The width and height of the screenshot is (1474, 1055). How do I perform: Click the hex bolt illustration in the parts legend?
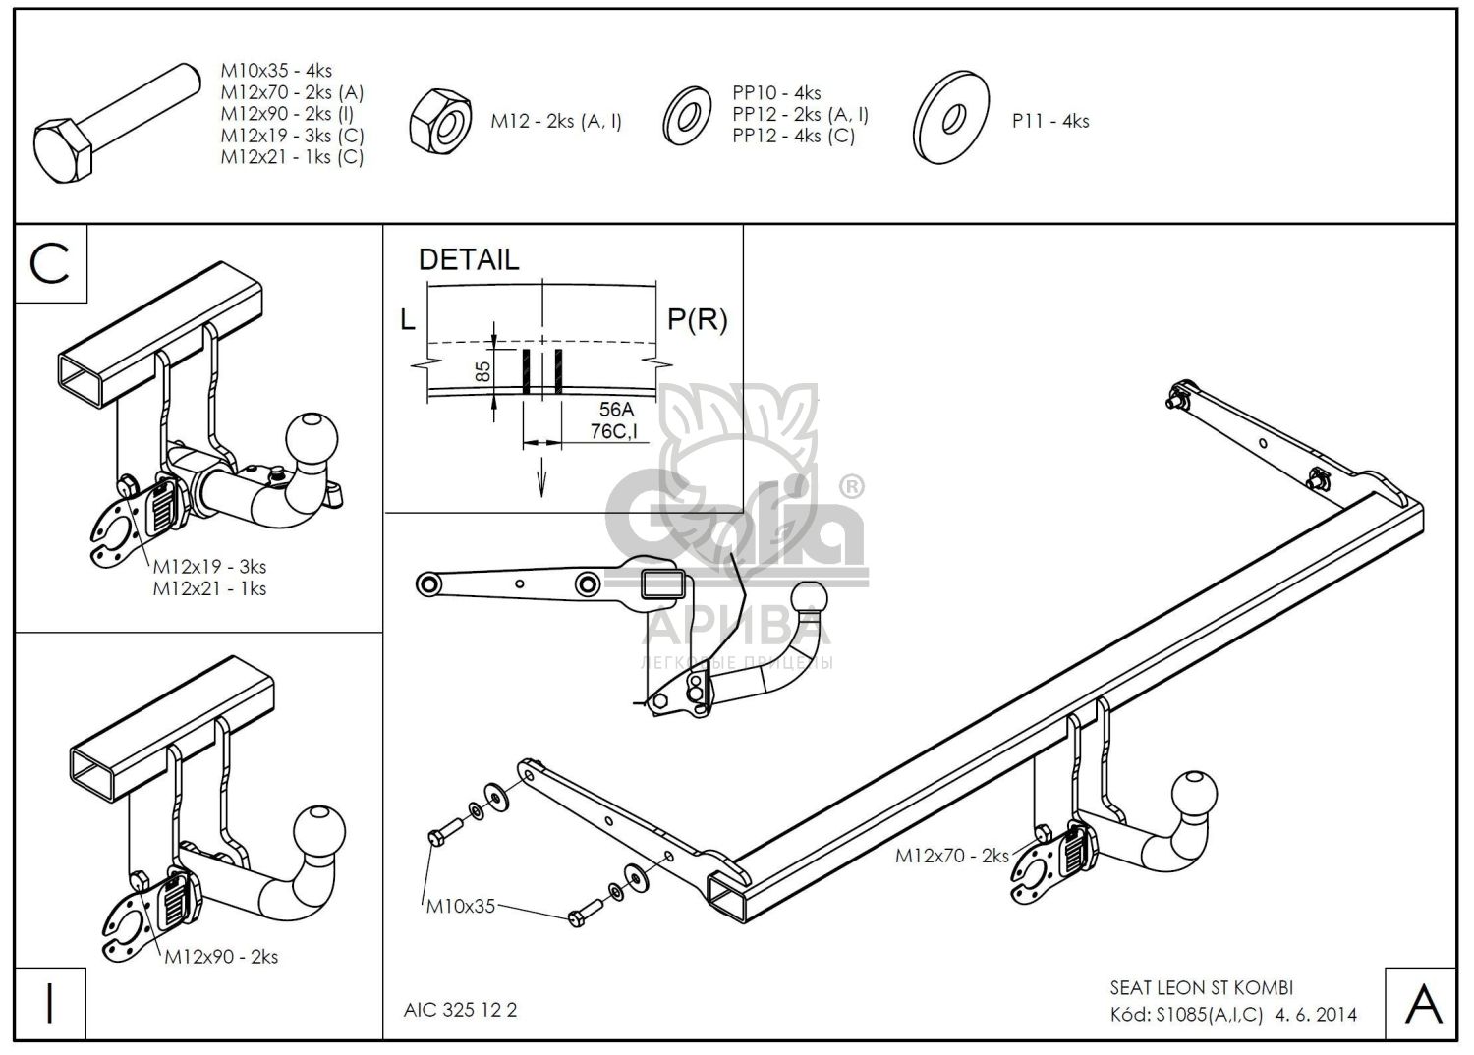(x=117, y=123)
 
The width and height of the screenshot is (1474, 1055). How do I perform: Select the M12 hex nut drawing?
(x=440, y=121)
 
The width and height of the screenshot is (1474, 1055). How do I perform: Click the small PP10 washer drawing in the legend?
(x=686, y=116)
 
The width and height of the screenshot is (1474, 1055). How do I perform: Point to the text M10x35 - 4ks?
(x=276, y=71)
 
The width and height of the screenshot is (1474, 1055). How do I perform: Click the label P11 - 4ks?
(x=1050, y=121)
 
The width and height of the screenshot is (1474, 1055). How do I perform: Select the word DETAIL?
(x=469, y=259)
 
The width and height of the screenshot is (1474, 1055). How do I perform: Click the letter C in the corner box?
(x=49, y=263)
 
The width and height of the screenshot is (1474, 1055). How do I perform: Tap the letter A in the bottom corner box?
(x=1423, y=1004)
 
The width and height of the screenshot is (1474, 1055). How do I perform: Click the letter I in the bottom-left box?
(x=49, y=1003)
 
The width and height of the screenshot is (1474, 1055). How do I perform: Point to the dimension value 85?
(x=482, y=371)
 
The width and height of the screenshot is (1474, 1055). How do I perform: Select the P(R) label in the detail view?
(x=698, y=319)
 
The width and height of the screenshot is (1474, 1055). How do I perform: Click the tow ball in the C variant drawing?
(x=312, y=439)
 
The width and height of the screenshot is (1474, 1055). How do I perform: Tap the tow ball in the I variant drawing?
(x=319, y=831)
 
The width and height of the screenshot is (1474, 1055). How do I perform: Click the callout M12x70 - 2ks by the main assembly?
(x=951, y=856)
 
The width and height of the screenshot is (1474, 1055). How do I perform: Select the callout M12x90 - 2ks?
(x=221, y=957)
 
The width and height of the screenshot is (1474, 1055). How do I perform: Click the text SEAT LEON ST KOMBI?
(x=1202, y=988)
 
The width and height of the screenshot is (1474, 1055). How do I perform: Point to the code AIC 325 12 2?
(x=461, y=1010)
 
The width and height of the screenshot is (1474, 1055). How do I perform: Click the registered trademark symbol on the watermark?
(x=852, y=487)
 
